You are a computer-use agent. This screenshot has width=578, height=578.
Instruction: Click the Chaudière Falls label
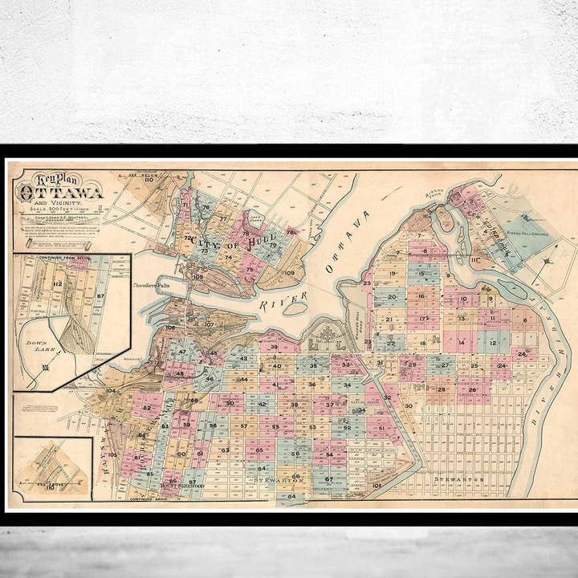153,284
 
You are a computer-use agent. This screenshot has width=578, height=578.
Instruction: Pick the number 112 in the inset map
57,283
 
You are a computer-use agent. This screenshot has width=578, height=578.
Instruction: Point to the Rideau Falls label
435,195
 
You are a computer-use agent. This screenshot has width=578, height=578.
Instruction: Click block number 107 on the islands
209,324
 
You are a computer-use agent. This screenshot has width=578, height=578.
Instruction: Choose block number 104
111,391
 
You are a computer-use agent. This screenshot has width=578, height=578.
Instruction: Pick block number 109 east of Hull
289,273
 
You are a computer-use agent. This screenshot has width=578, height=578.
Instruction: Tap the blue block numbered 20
391,296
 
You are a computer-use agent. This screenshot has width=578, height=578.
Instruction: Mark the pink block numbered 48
179,373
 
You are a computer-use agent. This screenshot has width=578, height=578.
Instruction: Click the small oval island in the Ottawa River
296,308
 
